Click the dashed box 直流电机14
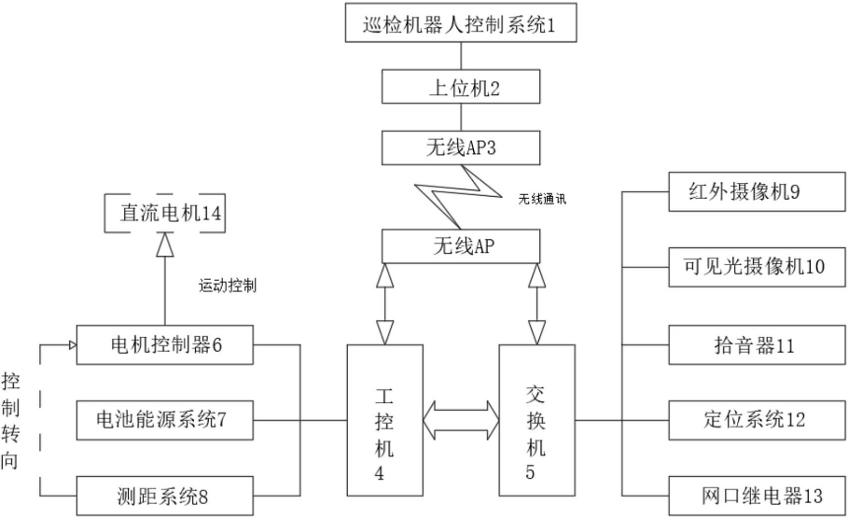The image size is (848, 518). pos(163,213)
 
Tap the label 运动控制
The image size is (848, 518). pos(228,286)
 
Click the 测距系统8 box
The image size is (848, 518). pos(163,494)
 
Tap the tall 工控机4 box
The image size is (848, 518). pos(383,420)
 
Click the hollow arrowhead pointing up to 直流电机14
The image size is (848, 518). pos(164,245)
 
